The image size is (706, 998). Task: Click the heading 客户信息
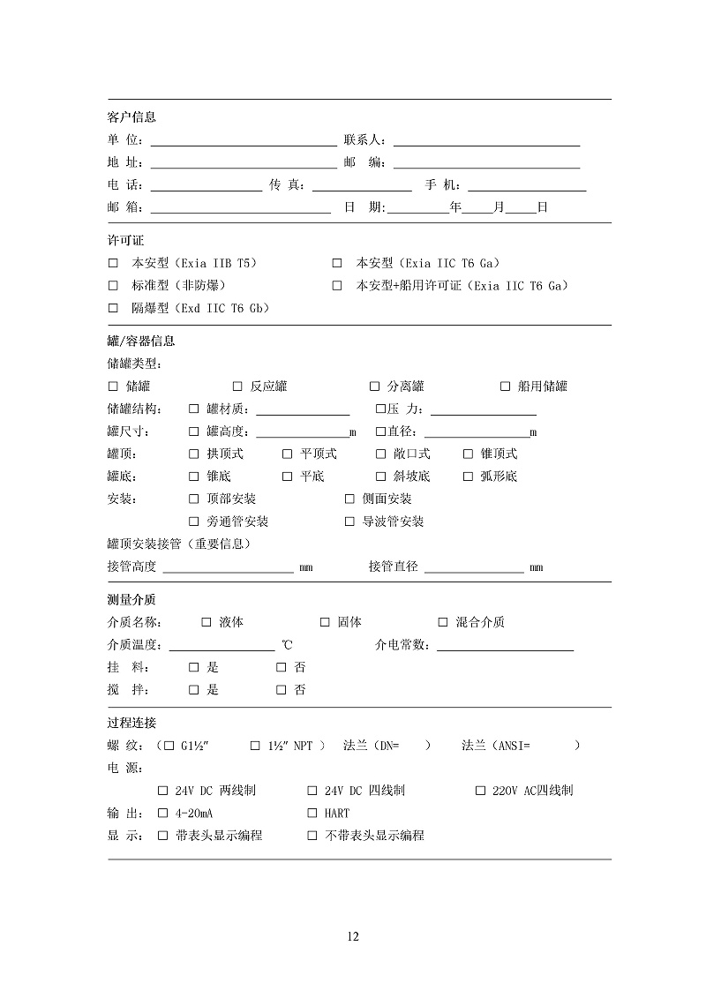pos(131,117)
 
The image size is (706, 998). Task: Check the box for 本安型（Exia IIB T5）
pos(113,263)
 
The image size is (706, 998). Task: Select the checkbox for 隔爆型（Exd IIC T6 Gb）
pos(113,308)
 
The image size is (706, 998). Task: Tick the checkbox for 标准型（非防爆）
pos(113,286)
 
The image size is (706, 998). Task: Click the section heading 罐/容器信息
pos(141,341)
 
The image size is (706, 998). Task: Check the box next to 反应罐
pos(237,386)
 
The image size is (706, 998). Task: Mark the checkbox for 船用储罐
pos(506,386)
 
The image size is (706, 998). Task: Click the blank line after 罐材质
pos(303,412)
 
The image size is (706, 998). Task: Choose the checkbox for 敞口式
pos(381,454)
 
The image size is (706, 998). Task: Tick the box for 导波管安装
pos(349,522)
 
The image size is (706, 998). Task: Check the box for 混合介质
pos(443,622)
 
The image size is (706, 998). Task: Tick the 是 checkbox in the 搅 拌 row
pos(194,690)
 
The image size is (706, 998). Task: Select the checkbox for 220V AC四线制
pos(481,791)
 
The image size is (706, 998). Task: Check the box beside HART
pos(312,813)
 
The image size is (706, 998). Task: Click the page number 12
pos(353,936)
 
